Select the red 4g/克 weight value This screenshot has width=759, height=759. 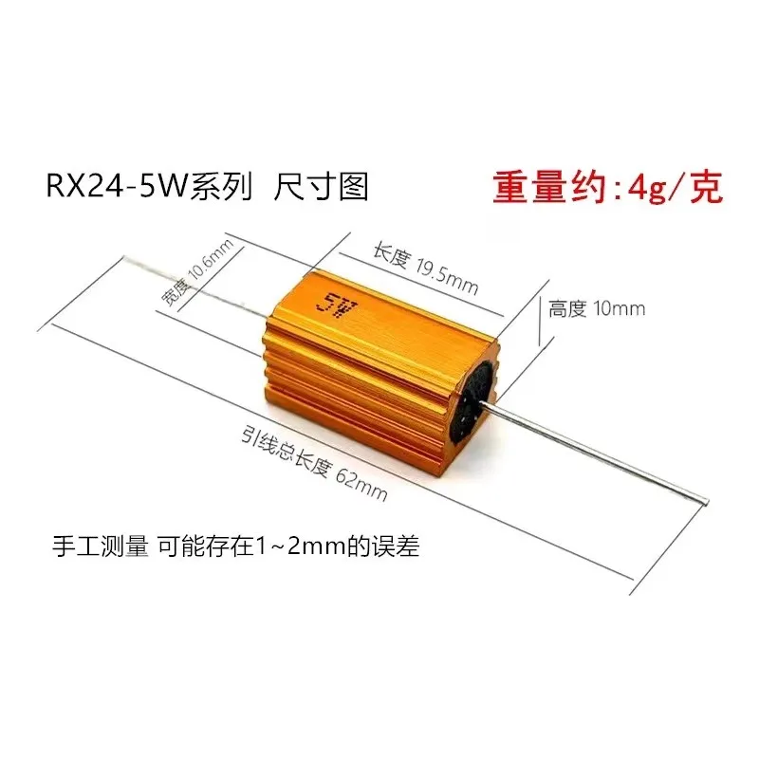click(x=673, y=187)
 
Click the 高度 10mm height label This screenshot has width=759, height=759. click(x=597, y=308)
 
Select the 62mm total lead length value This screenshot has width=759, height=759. click(x=361, y=482)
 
